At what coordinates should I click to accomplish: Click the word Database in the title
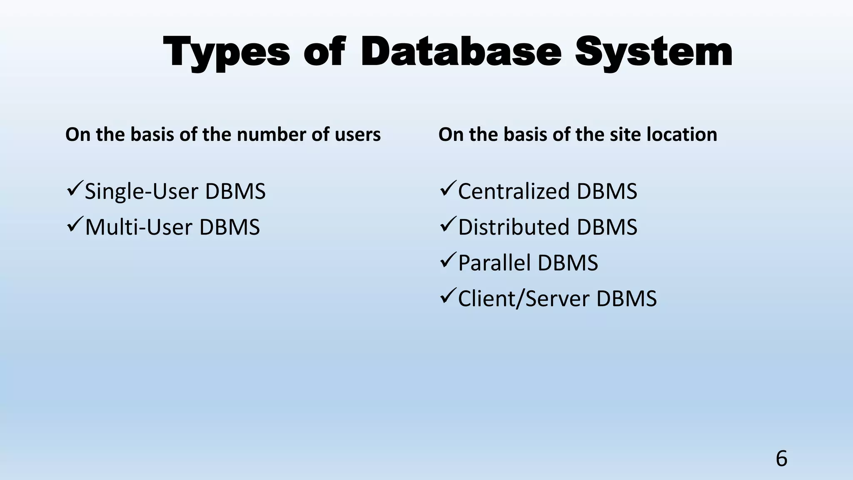pyautogui.click(x=461, y=52)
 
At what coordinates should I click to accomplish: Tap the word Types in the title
pyautogui.click(x=227, y=53)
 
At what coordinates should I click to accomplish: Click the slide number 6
pyautogui.click(x=781, y=459)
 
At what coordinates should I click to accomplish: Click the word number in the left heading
pyautogui.click(x=272, y=135)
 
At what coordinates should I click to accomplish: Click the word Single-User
pyautogui.click(x=141, y=192)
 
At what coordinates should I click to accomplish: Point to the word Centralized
pyautogui.click(x=514, y=192)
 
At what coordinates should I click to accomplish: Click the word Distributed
pyautogui.click(x=514, y=227)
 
